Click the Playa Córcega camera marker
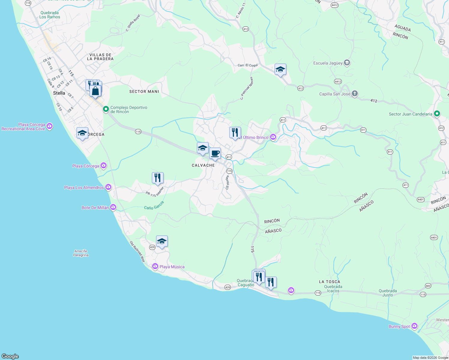pyautogui.click(x=104, y=166)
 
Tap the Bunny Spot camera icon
pyautogui.click(x=414, y=326)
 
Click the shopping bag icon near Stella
pyautogui.click(x=95, y=91)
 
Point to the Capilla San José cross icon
pyautogui.click(x=354, y=94)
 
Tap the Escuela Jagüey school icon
pyautogui.click(x=347, y=63)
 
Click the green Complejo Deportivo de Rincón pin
pyautogui.click(x=106, y=109)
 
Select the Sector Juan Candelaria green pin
pyautogui.click(x=437, y=114)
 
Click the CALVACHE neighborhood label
pyautogui.click(x=203, y=165)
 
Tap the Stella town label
pyautogui.click(x=59, y=93)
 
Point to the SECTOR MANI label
pyautogui.click(x=144, y=91)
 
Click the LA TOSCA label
pyautogui.click(x=329, y=282)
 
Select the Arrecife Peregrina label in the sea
pyautogui.click(x=81, y=253)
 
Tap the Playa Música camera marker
pyautogui.click(x=155, y=266)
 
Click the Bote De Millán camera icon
pyautogui.click(x=113, y=207)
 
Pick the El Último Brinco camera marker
pyautogui.click(x=273, y=137)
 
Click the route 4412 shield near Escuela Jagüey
pyautogui.click(x=338, y=81)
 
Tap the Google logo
pyautogui.click(x=10, y=356)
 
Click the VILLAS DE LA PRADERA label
pyautogui.click(x=100, y=57)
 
